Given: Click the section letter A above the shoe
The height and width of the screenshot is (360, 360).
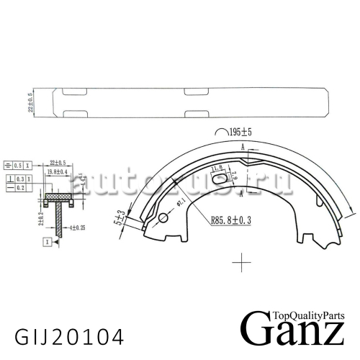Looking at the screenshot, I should [x=243, y=146].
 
